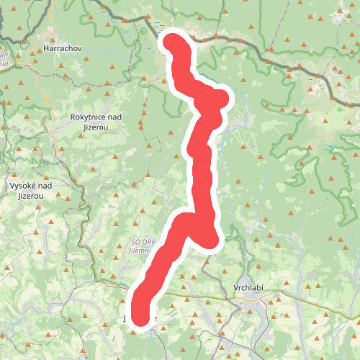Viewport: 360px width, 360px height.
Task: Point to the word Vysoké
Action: click(x=24, y=186)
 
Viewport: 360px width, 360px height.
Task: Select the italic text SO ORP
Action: click(x=143, y=243)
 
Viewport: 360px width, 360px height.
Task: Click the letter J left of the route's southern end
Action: click(x=127, y=318)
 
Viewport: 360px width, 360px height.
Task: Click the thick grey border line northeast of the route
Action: click(x=274, y=58)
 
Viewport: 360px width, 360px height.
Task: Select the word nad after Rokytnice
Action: click(x=116, y=117)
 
